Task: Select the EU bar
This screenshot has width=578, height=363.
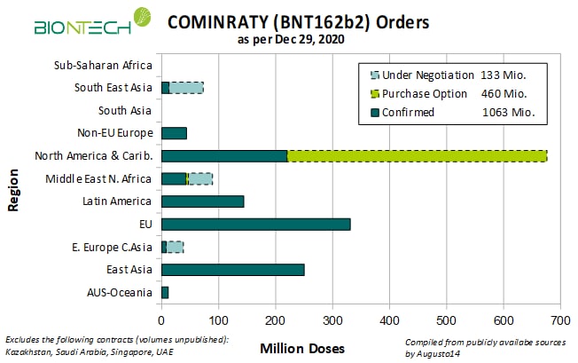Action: tap(255, 224)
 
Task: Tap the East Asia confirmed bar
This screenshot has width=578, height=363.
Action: tap(232, 270)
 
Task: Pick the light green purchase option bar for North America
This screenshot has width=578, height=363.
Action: tap(417, 155)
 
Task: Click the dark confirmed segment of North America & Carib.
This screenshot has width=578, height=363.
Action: tap(224, 155)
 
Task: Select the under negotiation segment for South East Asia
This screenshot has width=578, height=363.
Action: tap(186, 87)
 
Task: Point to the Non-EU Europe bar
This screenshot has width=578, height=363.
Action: tap(174, 132)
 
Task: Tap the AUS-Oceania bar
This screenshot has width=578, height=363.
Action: tap(165, 292)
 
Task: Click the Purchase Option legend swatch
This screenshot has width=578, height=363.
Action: tap(376, 94)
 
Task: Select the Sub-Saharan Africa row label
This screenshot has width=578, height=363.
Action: tap(103, 64)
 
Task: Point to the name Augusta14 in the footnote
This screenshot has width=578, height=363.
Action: tap(440, 354)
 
